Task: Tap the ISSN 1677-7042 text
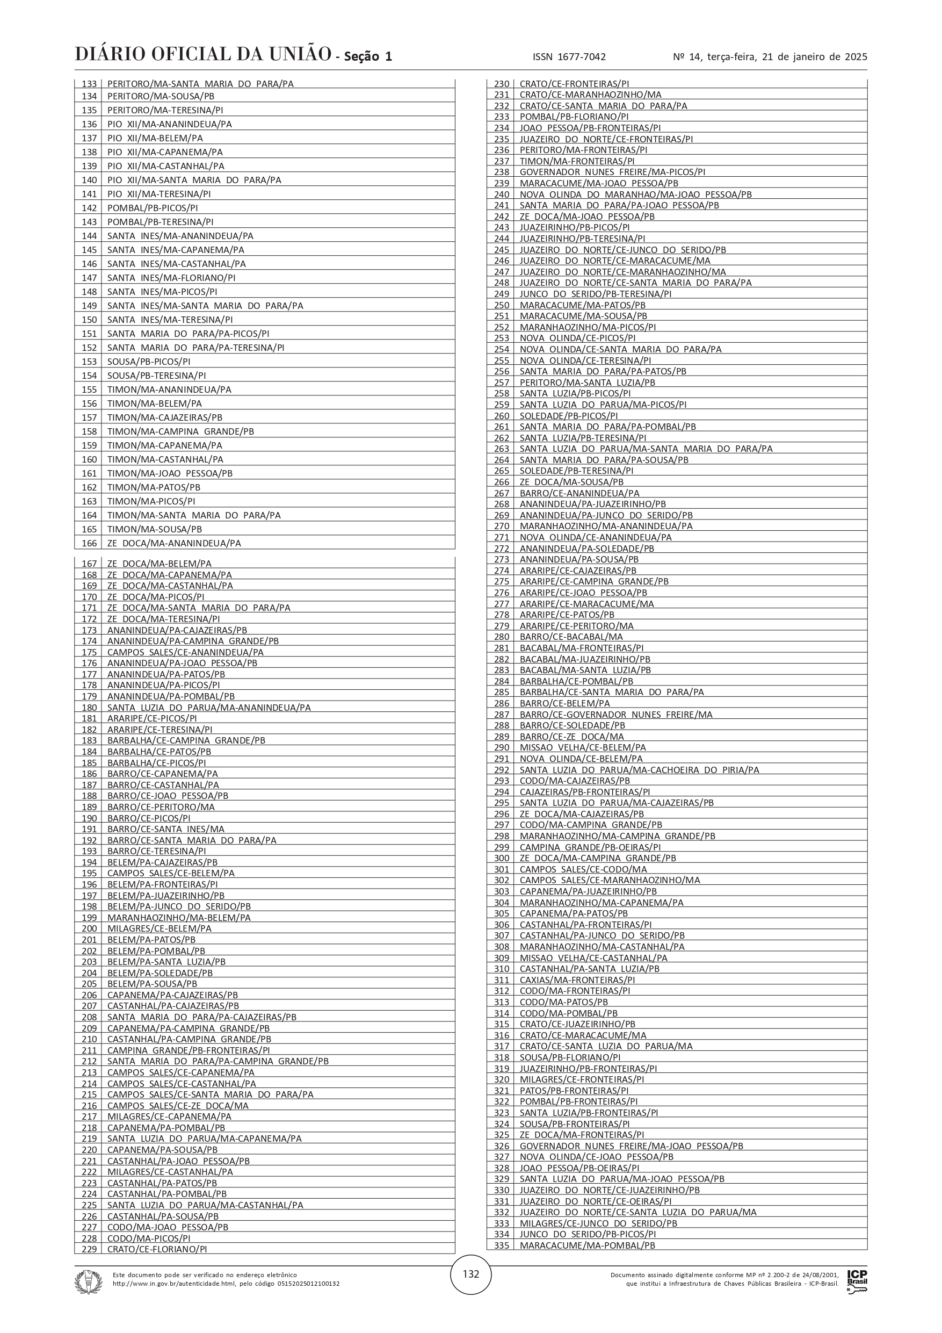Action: [x=569, y=57]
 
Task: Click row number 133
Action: [x=89, y=84]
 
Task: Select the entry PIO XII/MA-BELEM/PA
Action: [x=155, y=138]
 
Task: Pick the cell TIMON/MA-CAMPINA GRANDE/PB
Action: [x=180, y=431]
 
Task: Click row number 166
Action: [x=89, y=543]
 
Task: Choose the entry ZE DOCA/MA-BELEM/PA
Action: [x=159, y=564]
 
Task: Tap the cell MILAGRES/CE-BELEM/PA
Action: [x=159, y=928]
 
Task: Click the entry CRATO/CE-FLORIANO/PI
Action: [x=157, y=1249]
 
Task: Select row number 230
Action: [x=502, y=84]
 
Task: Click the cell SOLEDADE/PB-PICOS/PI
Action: [x=568, y=416]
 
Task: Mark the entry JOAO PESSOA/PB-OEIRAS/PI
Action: [x=579, y=1168]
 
